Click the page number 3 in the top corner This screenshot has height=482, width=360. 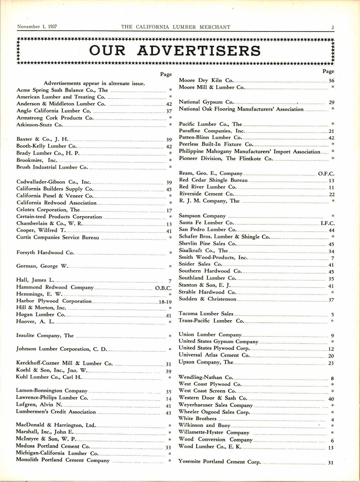point(333,27)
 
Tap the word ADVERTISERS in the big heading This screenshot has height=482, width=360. point(199,51)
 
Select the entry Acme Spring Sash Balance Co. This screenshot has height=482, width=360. point(62,90)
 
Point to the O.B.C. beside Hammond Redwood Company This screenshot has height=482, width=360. point(163,288)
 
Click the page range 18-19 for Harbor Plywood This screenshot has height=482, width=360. point(165,302)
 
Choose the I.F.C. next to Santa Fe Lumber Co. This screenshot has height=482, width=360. point(327,223)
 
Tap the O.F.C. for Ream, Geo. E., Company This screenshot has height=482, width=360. point(326,174)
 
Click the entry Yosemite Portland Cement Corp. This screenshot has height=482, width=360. point(219,461)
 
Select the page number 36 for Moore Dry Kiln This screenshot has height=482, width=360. point(331,81)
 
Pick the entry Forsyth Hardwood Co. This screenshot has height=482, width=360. point(45,252)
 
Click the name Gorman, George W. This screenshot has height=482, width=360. point(42,266)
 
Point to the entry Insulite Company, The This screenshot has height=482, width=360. point(45,335)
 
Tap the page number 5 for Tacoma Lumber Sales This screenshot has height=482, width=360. point(332,315)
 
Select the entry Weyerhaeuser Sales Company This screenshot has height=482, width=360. point(215,405)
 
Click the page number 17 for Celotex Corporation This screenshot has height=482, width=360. point(169,210)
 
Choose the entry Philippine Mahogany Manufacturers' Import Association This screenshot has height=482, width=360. point(249,151)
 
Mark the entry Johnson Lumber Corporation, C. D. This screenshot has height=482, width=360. point(61,349)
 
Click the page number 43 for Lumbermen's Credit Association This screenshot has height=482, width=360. point(168,413)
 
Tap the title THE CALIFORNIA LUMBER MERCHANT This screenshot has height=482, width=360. point(176,27)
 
